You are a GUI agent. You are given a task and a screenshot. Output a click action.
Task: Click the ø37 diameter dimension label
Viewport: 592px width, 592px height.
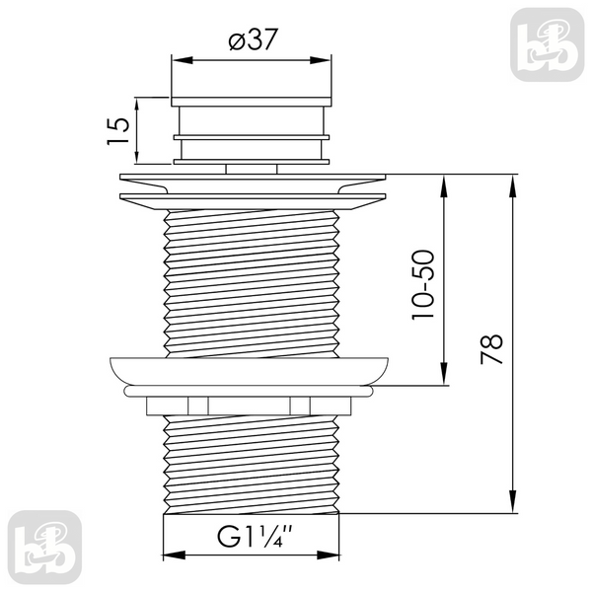pos(254,38)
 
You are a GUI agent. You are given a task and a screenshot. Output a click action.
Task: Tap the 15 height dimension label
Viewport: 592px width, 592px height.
pos(118,130)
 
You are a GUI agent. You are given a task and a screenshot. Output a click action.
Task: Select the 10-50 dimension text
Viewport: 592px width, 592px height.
pos(423,285)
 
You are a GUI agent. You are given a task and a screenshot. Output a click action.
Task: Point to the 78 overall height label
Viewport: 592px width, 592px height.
pos(491,349)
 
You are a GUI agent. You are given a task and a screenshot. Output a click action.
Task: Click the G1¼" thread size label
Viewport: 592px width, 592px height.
pos(255,536)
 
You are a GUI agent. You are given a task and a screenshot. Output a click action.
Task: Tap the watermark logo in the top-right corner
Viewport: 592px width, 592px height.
pos(547,44)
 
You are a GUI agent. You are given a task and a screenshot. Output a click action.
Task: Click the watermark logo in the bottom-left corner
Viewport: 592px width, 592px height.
pos(44,547)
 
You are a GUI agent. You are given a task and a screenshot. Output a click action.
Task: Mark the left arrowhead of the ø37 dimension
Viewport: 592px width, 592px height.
pos(183,60)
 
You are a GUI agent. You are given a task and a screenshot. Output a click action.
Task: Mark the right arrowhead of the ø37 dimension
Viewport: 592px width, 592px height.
pos(320,60)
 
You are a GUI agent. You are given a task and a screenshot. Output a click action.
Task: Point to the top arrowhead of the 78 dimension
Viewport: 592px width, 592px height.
pos(512,185)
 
